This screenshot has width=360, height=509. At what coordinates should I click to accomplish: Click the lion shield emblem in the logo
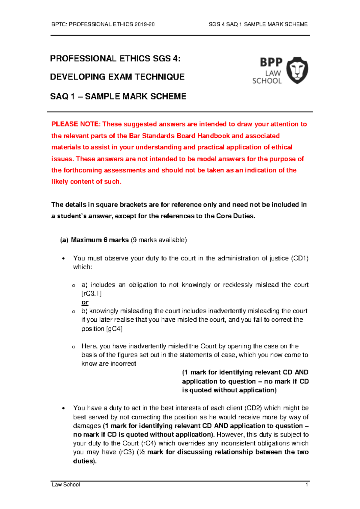click(297, 70)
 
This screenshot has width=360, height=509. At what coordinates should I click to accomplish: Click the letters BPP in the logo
click(271, 62)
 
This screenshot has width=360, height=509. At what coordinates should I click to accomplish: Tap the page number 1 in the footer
click(307, 485)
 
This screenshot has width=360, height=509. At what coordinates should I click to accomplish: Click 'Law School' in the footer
click(66, 485)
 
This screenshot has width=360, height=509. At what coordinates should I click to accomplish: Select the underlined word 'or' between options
click(85, 302)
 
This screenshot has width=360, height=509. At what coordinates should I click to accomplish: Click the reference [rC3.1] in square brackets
click(91, 293)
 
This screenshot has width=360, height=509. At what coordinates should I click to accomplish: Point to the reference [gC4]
click(114, 329)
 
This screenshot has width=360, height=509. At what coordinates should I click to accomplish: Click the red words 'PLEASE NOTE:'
click(76, 124)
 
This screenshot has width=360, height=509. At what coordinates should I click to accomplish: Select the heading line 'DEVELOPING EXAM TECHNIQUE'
click(117, 77)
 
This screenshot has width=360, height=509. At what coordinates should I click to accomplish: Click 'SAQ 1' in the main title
click(62, 97)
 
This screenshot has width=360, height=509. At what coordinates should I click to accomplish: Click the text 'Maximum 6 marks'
click(100, 240)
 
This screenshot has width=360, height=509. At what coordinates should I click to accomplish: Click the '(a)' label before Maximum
click(64, 240)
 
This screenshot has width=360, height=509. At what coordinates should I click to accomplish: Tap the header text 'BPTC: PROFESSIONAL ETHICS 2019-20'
click(103, 25)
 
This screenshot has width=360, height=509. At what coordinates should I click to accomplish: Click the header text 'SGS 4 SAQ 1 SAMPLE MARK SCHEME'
click(258, 25)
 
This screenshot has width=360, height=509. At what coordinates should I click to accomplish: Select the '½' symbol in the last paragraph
click(142, 452)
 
